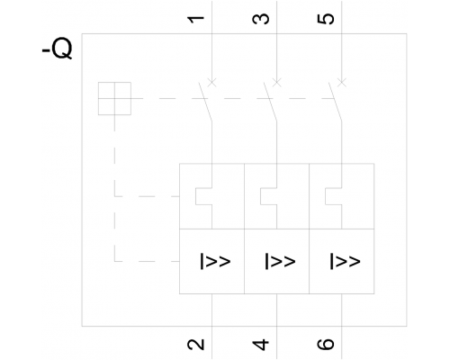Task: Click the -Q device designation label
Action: tap(57, 49)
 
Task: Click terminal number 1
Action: tap(196, 20)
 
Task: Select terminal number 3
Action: tap(261, 19)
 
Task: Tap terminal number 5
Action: tap(326, 19)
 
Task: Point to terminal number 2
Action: tap(196, 345)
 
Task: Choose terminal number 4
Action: tap(261, 345)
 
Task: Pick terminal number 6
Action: tap(326, 345)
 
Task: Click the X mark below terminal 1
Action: tap(211, 82)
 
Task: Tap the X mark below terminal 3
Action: tap(276, 82)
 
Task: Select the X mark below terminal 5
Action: tap(341, 82)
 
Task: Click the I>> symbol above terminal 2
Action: tap(215, 261)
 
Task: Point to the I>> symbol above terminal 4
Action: tap(280, 261)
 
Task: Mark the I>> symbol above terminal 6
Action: tap(345, 261)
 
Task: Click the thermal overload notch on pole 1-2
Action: tap(196, 196)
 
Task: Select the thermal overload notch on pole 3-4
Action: tap(261, 196)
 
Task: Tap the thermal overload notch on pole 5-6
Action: tap(326, 196)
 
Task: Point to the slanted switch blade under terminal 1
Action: tap(205, 102)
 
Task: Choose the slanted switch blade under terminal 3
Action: tap(270, 102)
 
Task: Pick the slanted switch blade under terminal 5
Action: tap(335, 102)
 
